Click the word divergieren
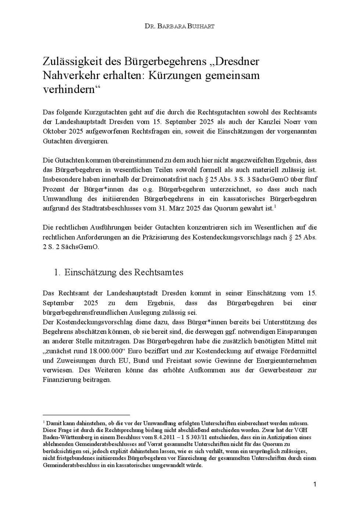(x=91, y=141)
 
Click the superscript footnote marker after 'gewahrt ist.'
(x=275, y=207)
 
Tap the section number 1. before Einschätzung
(x=57, y=272)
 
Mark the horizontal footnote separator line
(x=86, y=415)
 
